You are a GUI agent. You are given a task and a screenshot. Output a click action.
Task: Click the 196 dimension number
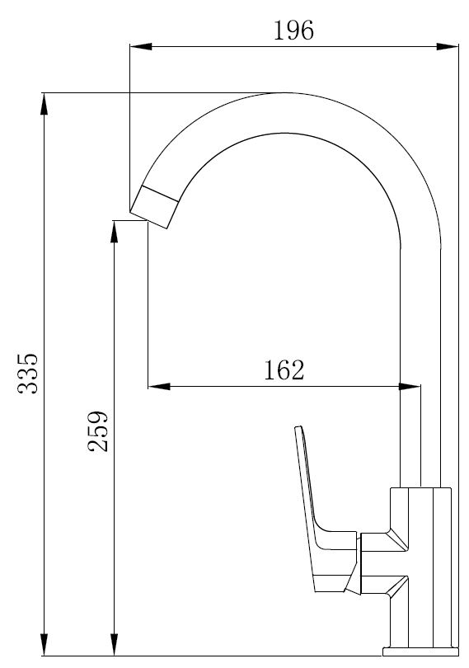pyautogui.click(x=293, y=31)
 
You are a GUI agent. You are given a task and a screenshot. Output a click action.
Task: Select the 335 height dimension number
pyautogui.click(x=28, y=374)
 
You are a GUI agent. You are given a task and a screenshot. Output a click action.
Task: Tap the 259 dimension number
pyautogui.click(x=98, y=431)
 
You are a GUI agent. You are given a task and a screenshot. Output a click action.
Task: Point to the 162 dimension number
pyautogui.click(x=284, y=369)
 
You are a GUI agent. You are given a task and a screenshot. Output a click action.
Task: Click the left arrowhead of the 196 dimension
pyautogui.click(x=141, y=46)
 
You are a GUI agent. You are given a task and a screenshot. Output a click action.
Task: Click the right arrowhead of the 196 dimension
pyautogui.click(x=448, y=46)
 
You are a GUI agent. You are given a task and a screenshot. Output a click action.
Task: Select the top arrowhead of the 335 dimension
pyautogui.click(x=44, y=104)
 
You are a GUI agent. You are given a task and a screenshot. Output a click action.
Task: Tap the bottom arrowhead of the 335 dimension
pyautogui.click(x=44, y=645)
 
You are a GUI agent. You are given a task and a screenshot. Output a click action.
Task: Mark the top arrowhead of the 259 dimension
pyautogui.click(x=114, y=232)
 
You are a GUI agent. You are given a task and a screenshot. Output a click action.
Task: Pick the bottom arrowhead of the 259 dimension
pyautogui.click(x=114, y=645)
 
